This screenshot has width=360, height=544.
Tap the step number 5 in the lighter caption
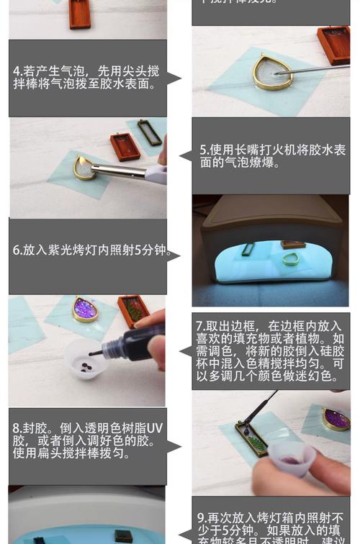[204, 150]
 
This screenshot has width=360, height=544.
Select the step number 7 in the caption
[199, 325]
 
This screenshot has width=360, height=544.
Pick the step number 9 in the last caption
[201, 517]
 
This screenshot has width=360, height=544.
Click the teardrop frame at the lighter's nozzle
[85, 168]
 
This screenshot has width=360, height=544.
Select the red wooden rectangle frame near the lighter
[125, 146]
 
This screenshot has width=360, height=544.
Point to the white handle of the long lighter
[156, 173]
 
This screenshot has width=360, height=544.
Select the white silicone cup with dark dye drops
[87, 359]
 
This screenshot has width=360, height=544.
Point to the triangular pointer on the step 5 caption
[185, 155]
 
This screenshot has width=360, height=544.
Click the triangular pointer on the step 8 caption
[174, 447]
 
